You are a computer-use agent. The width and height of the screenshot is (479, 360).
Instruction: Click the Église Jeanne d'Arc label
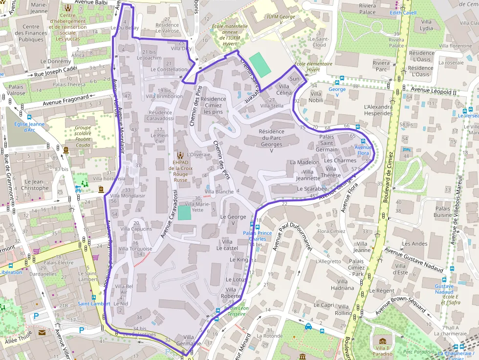29,127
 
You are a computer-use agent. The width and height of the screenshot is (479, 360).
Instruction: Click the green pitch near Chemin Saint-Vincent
259,65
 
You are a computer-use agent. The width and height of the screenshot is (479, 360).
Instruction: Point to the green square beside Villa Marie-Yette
184,213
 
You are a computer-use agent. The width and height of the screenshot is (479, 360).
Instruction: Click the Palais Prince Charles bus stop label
258,236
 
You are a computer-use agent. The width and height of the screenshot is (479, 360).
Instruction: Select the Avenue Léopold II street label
433,91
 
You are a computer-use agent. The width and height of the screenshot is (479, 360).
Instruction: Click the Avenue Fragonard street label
65,100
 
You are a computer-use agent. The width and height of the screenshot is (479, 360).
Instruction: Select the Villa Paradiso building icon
382,341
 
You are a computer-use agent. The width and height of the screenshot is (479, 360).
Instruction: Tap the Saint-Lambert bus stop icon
93,297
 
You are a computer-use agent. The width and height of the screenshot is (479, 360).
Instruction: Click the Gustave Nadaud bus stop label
444,289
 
